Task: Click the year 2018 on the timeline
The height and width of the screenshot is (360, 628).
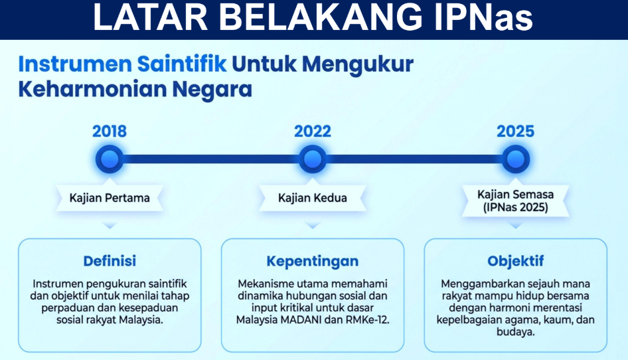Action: pyautogui.click(x=110, y=132)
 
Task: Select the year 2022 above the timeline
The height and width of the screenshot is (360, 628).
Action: pyautogui.click(x=313, y=132)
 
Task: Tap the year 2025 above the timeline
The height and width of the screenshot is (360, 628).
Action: pyautogui.click(x=515, y=132)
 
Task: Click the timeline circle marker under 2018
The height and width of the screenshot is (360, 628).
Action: pyautogui.click(x=110, y=159)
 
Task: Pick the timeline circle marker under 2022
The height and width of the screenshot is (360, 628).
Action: pyautogui.click(x=313, y=159)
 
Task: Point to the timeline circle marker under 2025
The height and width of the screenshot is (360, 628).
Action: pyautogui.click(x=515, y=159)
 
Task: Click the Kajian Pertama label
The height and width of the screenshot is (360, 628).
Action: pyautogui.click(x=110, y=198)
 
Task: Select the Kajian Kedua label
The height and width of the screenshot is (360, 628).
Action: pyautogui.click(x=313, y=198)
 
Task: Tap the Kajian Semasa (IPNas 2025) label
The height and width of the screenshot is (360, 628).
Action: pyautogui.click(x=515, y=201)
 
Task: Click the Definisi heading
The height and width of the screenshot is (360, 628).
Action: pyautogui.click(x=110, y=261)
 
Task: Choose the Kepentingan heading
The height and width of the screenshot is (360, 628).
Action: pyautogui.click(x=313, y=262)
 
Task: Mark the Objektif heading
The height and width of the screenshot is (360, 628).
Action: pyautogui.click(x=515, y=262)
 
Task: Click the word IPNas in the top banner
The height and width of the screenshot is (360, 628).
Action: pyautogui.click(x=483, y=18)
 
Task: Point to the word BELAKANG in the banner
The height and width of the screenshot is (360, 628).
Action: pyautogui.click(x=320, y=18)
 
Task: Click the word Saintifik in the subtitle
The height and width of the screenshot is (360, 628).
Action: pyautogui.click(x=182, y=64)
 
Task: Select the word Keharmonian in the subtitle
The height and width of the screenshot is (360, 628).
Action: pyautogui.click(x=92, y=89)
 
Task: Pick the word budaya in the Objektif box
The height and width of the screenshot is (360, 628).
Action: pyautogui.click(x=515, y=332)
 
